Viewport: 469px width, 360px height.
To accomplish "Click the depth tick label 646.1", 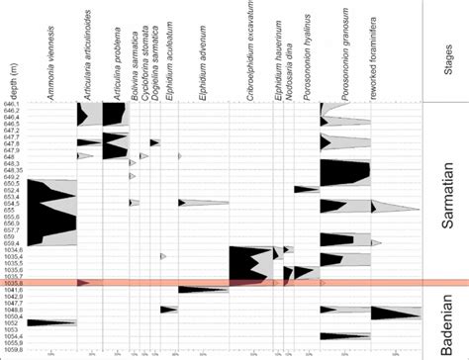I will tap(14, 104).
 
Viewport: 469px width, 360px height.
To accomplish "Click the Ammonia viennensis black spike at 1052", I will tap(45, 322).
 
